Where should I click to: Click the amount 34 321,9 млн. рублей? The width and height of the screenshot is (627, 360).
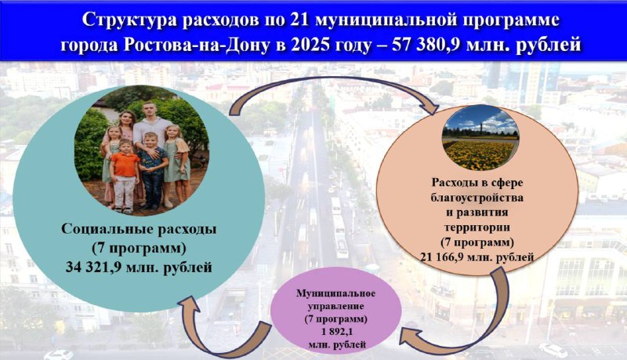(x=139, y=267)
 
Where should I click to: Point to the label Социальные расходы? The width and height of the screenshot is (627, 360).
(x=139, y=229)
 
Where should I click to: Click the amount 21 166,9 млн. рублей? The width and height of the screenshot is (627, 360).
(x=477, y=256)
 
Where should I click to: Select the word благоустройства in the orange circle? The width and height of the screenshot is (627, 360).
(x=477, y=198)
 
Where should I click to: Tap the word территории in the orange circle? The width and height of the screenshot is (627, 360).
(x=477, y=227)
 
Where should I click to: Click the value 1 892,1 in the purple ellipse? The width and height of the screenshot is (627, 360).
(x=336, y=332)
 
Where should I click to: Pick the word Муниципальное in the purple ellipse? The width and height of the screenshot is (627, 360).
(x=336, y=293)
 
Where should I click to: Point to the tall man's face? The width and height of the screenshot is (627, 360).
(x=148, y=111)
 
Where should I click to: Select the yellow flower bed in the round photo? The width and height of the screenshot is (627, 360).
(x=479, y=154)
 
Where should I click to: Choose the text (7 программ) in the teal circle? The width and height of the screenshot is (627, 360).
(x=139, y=248)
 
